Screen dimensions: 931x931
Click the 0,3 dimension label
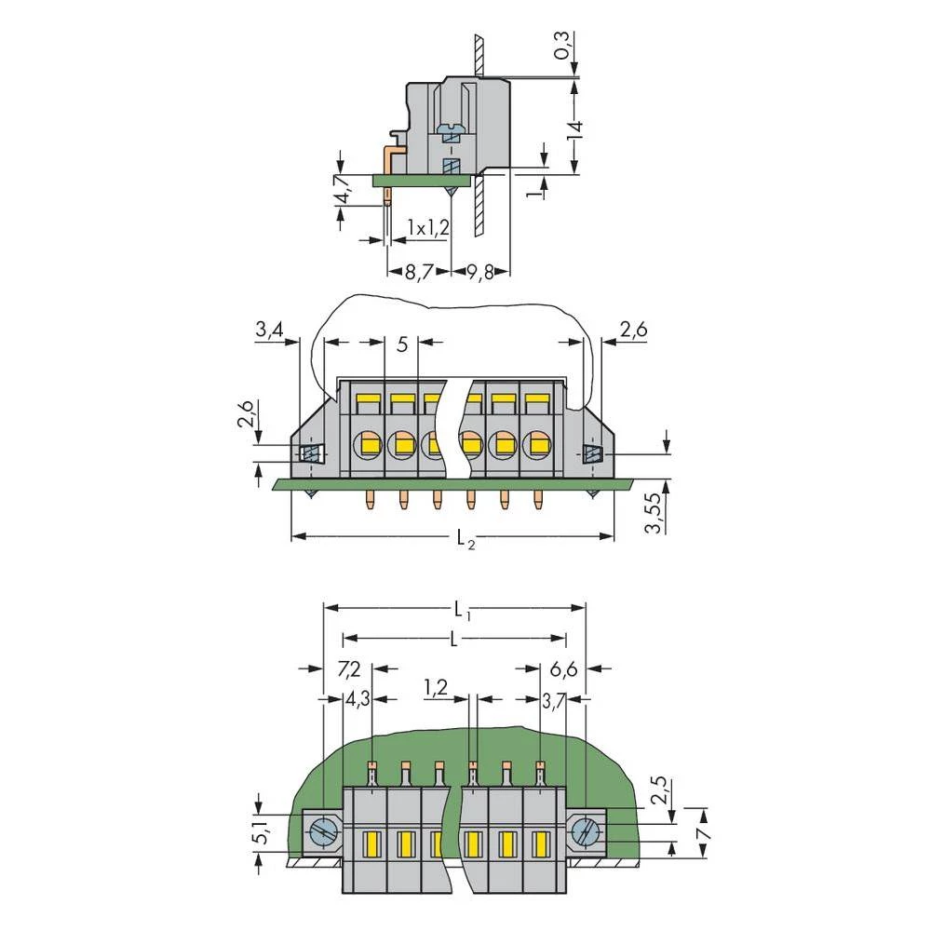click(x=561, y=46)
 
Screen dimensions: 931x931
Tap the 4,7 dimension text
click(x=343, y=189)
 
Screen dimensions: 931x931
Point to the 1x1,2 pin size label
click(x=428, y=227)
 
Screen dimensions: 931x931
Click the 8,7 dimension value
click(x=419, y=273)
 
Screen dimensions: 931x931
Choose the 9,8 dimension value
click(x=480, y=273)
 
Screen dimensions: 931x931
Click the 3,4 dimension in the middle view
click(x=270, y=330)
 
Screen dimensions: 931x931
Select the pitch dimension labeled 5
click(x=402, y=344)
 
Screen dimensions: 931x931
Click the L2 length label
click(x=466, y=539)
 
